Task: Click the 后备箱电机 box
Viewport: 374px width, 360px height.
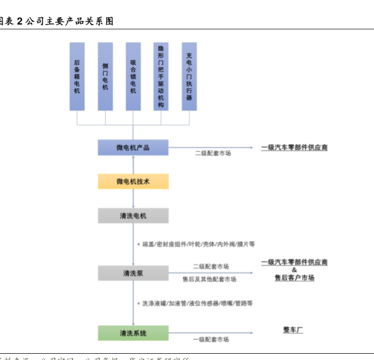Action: click(x=77, y=76)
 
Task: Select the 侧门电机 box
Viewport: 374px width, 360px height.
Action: click(x=105, y=76)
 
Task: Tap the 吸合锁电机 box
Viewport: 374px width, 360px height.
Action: click(x=133, y=76)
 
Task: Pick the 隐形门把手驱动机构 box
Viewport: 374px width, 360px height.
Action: click(x=161, y=76)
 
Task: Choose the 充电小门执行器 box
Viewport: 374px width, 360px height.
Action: click(x=189, y=76)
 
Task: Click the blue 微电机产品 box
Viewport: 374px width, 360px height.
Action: click(x=133, y=148)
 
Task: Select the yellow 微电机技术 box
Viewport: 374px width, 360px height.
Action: click(x=133, y=182)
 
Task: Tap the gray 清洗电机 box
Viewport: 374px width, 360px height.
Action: click(x=133, y=216)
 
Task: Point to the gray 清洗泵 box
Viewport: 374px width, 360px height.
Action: click(x=133, y=273)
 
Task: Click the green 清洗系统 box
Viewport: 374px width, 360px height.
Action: click(x=133, y=333)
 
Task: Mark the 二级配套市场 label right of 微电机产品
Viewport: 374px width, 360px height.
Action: click(x=213, y=153)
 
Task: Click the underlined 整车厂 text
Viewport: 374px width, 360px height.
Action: click(x=294, y=330)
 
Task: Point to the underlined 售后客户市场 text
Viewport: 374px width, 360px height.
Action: click(x=294, y=278)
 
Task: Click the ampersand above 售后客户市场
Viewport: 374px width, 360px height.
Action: click(x=294, y=270)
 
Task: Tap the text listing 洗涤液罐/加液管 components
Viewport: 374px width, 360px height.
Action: click(x=197, y=303)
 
